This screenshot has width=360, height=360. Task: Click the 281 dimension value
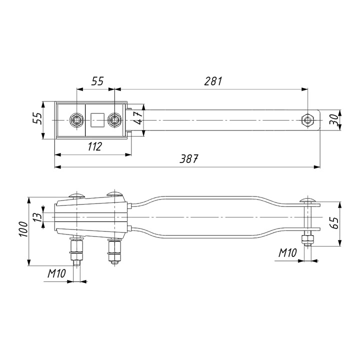pos(213,81)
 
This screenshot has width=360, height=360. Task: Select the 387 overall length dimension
pos(188,158)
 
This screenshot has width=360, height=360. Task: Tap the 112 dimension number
pos(95,146)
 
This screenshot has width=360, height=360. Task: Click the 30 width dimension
pos(334,119)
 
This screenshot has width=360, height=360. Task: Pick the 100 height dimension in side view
pos(23,229)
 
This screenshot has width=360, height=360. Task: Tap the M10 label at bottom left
pos(56,273)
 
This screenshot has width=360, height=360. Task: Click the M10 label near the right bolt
pos(287,253)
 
